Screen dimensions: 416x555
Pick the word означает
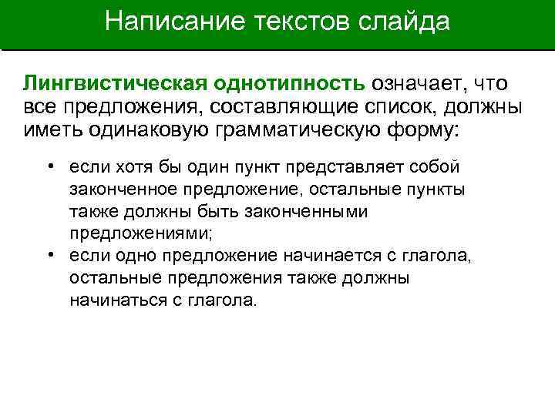tap(420, 83)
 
